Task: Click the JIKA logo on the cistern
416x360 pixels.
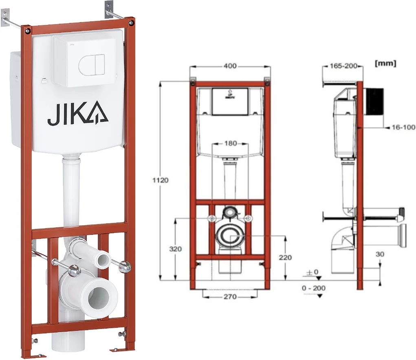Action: coord(77,113)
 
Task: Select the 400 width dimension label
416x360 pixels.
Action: coord(230,66)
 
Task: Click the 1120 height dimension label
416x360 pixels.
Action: coord(160,180)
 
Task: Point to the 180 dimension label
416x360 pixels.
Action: coord(230,143)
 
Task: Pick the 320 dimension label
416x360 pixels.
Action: coord(175,249)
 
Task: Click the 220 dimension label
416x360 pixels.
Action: coord(285,257)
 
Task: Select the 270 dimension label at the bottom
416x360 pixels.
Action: coord(230,296)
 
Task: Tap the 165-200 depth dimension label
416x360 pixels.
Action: coord(343,66)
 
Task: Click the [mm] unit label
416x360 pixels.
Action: coord(385,64)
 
